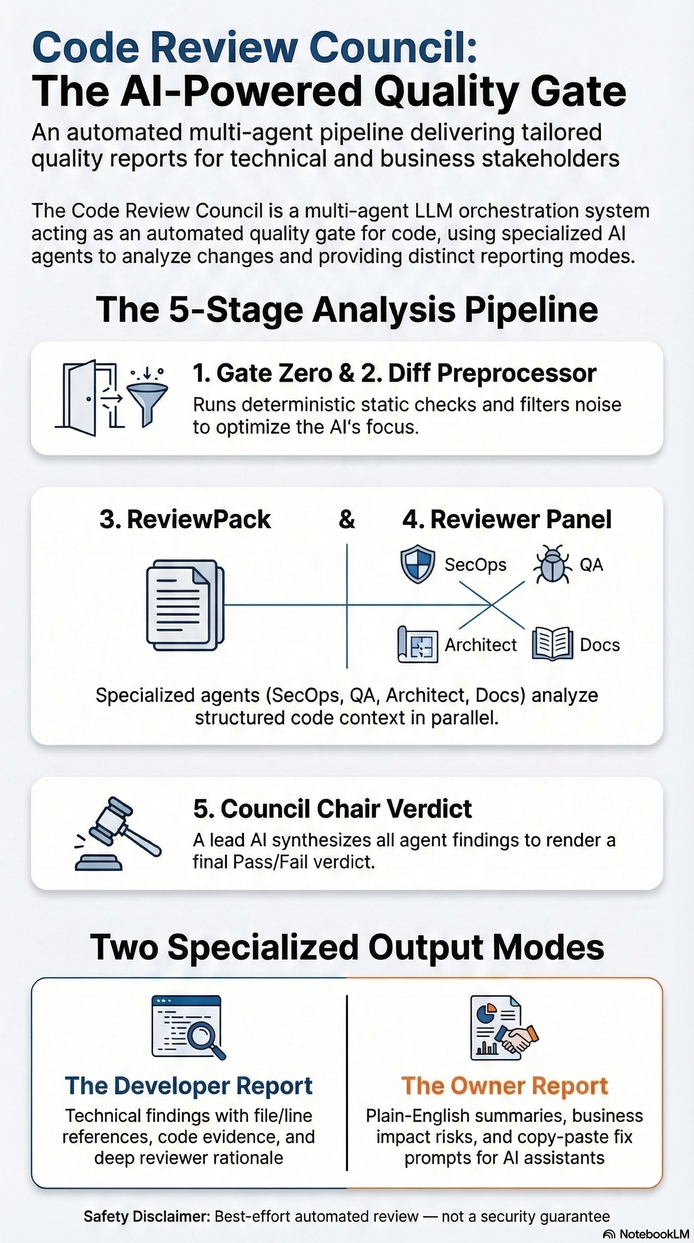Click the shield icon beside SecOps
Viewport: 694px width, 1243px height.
[418, 564]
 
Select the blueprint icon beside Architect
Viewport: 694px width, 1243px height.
[417, 645]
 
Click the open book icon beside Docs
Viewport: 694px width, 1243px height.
[552, 644]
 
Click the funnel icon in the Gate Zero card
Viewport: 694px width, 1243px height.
[147, 398]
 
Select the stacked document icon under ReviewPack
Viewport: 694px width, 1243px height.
[185, 605]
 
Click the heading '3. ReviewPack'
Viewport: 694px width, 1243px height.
[185, 520]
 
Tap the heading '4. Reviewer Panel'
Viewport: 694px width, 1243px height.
[507, 520]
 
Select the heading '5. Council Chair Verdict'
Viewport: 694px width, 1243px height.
[332, 809]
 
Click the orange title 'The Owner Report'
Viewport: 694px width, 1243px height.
[504, 1086]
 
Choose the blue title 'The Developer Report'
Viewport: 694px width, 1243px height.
[189, 1086]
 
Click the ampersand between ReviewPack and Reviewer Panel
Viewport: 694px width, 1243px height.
[347, 520]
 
